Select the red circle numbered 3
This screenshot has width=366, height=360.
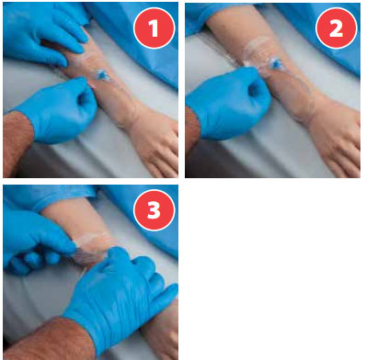point(154,210)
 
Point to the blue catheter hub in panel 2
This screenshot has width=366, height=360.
point(275,63)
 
